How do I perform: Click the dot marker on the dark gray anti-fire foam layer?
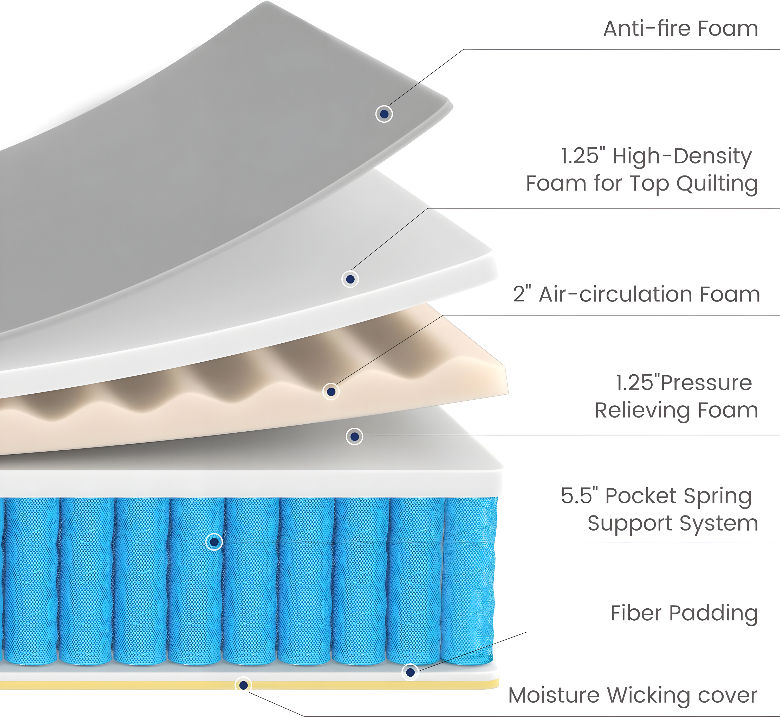(384, 114)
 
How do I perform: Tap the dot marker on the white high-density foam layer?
(350, 279)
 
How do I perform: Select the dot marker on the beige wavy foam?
(331, 391)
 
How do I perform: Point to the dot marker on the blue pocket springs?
(214, 541)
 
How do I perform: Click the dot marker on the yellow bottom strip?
(243, 685)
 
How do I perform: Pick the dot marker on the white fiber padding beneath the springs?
(410, 672)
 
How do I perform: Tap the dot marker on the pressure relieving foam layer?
(354, 436)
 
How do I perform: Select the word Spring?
(718, 496)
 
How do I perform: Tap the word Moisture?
(554, 695)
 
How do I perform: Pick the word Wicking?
(648, 695)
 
